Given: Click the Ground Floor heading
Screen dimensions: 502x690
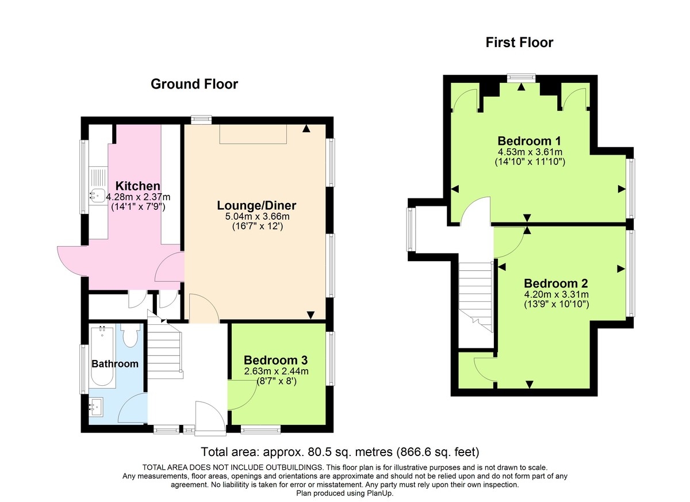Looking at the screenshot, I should [x=194, y=84].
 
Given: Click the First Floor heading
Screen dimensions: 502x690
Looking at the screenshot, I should [x=519, y=42].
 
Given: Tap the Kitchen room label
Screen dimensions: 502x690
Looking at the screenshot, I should [x=137, y=186].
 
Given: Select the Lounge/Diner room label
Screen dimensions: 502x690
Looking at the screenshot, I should [x=256, y=205].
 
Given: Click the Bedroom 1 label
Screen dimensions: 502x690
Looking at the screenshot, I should [x=529, y=141].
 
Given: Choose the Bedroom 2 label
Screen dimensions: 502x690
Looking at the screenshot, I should [x=555, y=283].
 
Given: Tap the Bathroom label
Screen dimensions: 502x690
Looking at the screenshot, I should [x=115, y=363].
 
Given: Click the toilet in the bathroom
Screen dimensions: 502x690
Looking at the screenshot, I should [x=131, y=336].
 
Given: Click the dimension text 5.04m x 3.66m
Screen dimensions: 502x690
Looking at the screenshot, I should [x=256, y=216].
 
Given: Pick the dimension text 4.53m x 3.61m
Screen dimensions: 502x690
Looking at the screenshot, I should [x=529, y=152].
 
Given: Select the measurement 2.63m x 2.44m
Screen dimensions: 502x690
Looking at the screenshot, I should [x=276, y=370].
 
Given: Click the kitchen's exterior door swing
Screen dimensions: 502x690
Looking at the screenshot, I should [x=72, y=258].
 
